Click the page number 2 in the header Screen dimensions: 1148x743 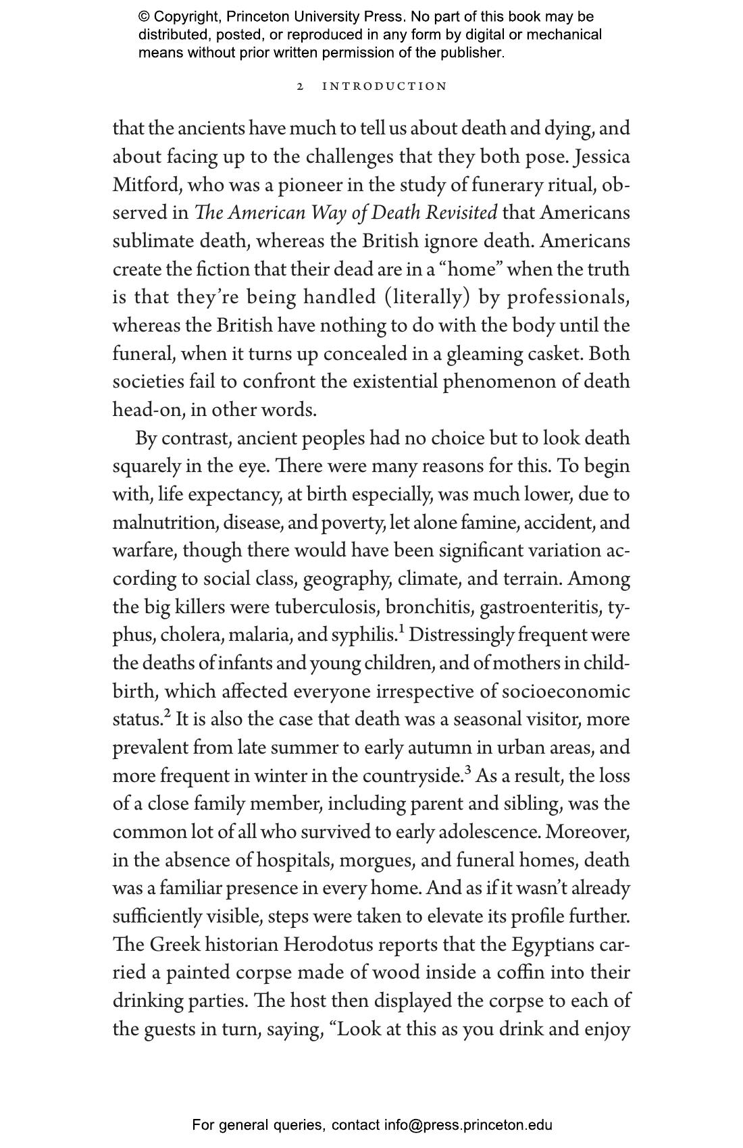coord(301,86)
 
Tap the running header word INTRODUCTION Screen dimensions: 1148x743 coord(384,86)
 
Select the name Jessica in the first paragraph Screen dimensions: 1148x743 coord(602,157)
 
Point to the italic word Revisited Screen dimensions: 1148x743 coord(462,213)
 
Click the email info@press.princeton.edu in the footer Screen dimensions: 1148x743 coord(468,1125)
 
